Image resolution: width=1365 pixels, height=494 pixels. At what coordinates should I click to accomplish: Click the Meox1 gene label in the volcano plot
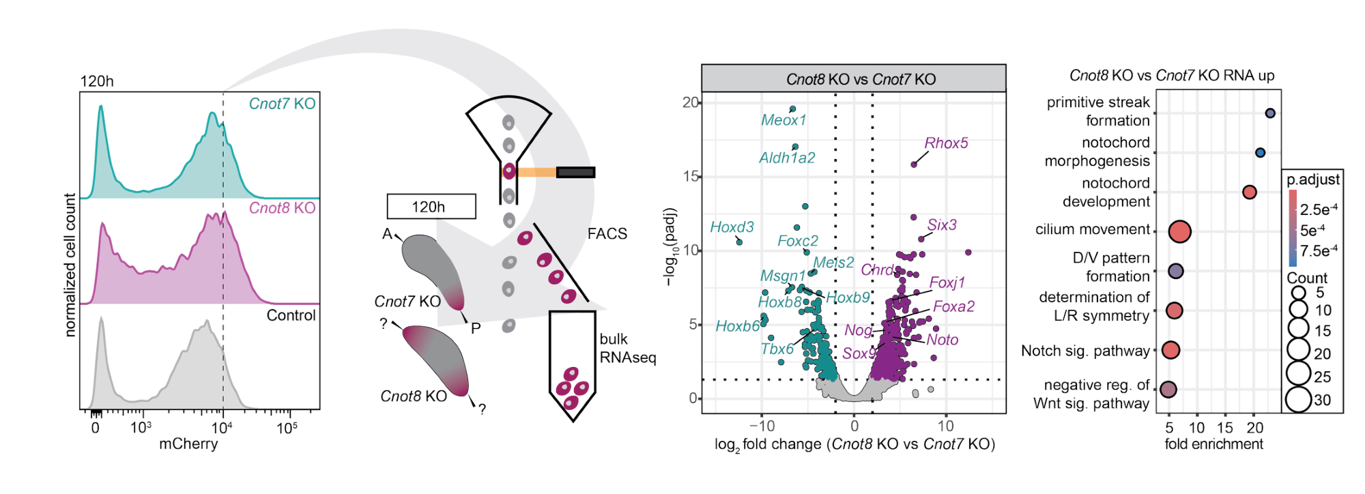(x=784, y=120)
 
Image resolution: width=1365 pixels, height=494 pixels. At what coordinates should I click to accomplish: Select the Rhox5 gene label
(x=946, y=143)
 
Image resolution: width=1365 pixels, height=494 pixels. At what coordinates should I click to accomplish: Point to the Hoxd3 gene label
(x=732, y=227)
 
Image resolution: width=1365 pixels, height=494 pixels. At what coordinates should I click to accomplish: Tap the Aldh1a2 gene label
(x=787, y=158)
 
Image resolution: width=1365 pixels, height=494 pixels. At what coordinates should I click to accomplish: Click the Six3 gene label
(x=942, y=225)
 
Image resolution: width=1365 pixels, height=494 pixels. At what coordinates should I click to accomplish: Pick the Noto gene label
(x=943, y=340)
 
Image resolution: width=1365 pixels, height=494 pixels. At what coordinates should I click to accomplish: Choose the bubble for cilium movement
(x=1179, y=231)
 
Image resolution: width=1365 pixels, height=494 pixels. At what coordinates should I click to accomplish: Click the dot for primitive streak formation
(x=1270, y=113)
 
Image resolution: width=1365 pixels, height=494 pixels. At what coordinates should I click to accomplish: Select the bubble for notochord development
(x=1250, y=192)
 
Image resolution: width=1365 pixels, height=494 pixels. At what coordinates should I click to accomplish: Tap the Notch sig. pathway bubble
(x=1170, y=350)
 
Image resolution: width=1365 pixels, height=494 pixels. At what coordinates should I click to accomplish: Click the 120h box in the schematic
(x=431, y=207)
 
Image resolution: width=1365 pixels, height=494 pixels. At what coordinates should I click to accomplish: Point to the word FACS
(x=607, y=234)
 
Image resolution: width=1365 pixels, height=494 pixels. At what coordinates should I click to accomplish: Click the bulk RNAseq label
(x=627, y=349)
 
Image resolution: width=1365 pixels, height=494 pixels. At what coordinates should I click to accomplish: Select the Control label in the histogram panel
(x=291, y=315)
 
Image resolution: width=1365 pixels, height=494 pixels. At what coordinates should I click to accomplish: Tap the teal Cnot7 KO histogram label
(x=282, y=104)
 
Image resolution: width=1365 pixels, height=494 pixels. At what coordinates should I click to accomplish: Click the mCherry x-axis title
(x=188, y=444)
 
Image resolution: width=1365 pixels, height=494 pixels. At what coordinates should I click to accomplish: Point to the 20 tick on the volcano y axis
(x=691, y=102)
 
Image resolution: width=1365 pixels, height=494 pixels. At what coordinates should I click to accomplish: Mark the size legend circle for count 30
(x=1298, y=400)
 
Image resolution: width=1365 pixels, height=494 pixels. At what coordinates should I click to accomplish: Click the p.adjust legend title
(x=1313, y=179)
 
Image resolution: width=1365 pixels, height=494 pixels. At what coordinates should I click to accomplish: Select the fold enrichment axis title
(x=1213, y=444)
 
